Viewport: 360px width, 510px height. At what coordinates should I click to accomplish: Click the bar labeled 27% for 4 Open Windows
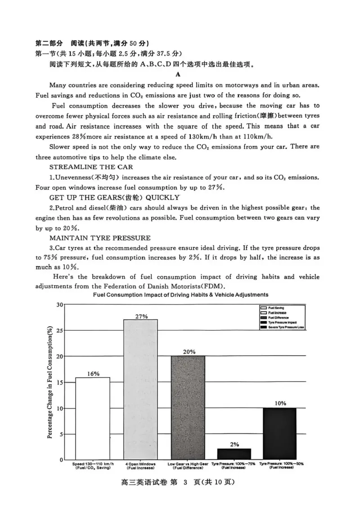point(140,389)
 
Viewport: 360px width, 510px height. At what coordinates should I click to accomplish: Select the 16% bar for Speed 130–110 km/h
point(93,418)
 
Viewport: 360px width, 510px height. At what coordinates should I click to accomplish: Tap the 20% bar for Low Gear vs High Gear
point(188,407)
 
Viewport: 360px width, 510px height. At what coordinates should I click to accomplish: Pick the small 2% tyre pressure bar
point(234,454)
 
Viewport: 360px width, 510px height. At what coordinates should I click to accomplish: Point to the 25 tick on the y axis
point(60,330)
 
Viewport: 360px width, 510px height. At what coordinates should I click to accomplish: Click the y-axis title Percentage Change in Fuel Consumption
point(50,382)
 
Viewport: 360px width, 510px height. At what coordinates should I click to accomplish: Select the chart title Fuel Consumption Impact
point(180,294)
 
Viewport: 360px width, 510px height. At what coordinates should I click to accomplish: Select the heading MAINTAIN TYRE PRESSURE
point(100,238)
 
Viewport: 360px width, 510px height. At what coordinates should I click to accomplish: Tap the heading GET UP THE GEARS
point(114,198)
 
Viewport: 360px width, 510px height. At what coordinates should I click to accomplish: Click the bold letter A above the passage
point(178,74)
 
